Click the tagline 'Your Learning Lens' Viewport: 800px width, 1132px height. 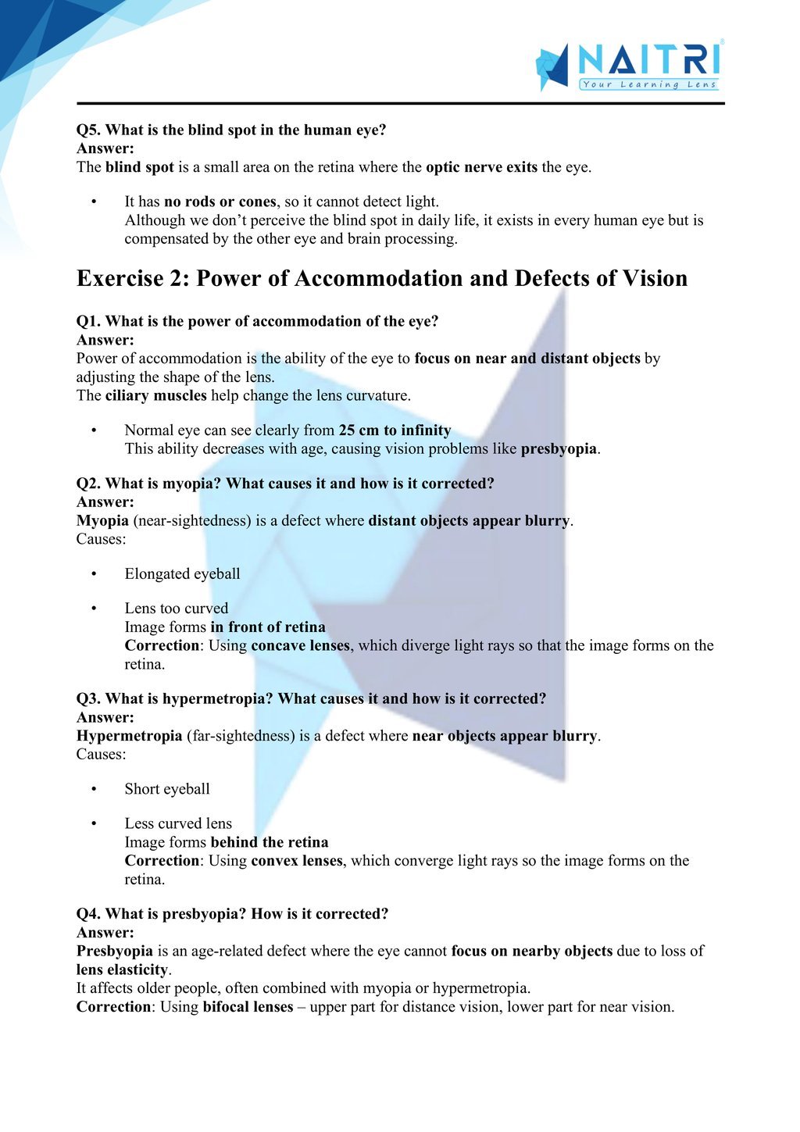pyautogui.click(x=648, y=84)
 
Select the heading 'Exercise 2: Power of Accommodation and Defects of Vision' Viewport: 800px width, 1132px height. pyautogui.click(x=382, y=279)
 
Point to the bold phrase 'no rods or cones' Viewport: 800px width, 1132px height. pyautogui.click(x=220, y=202)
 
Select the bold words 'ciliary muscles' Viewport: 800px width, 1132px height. pyautogui.click(x=155, y=395)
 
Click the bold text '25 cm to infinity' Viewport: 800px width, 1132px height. pyautogui.click(x=395, y=430)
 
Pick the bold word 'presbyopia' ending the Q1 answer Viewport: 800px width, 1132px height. pyautogui.click(x=559, y=449)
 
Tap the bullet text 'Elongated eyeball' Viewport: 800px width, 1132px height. pyautogui.click(x=182, y=574)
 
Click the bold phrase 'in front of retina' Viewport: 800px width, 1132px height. pyautogui.click(x=268, y=627)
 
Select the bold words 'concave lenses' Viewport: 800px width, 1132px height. pyautogui.click(x=300, y=646)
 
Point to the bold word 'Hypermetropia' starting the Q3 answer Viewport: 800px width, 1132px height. pyautogui.click(x=129, y=736)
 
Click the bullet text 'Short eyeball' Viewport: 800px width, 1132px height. pyautogui.click(x=167, y=789)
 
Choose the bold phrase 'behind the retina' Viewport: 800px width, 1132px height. pyautogui.click(x=270, y=842)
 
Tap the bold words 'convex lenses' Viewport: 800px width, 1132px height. pyautogui.click(x=297, y=861)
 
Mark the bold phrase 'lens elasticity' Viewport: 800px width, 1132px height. pyautogui.click(x=122, y=970)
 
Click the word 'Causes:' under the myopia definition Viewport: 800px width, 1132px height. pyautogui.click(x=101, y=539)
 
